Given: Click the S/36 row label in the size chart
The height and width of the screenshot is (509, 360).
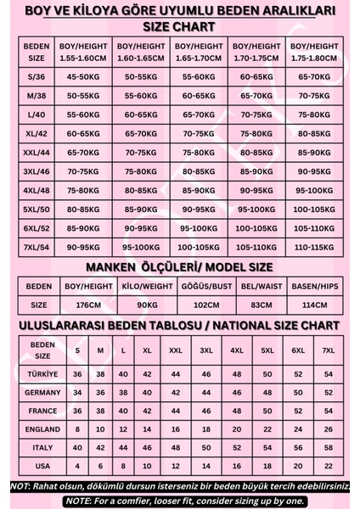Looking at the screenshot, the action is pos(37,76).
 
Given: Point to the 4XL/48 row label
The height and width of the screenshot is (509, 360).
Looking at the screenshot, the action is pos(37,190).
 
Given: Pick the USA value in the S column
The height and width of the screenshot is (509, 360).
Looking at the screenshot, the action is pos(78,466).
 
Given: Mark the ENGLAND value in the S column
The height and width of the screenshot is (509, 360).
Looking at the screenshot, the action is pos(78,429).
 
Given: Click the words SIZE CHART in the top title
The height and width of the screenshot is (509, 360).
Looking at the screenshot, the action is pos(179,26).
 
